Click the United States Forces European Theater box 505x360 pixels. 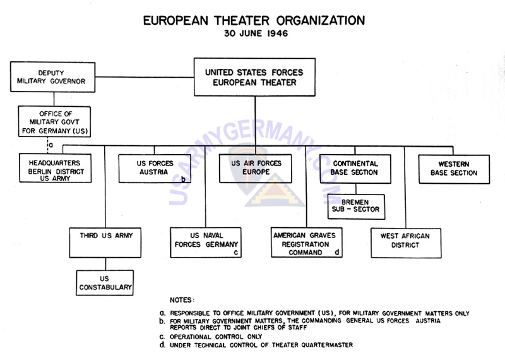point(254,77)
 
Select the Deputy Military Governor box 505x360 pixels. point(52,77)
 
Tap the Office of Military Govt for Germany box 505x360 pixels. point(54,121)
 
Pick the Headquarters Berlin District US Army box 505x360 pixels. point(55,168)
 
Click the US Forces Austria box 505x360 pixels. point(155,169)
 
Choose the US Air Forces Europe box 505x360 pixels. point(256,169)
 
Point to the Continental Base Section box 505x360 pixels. point(355,169)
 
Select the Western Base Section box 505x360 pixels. point(454,169)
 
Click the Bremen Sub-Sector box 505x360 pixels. point(356,207)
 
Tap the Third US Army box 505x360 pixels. point(105,243)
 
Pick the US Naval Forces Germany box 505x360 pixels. point(206,243)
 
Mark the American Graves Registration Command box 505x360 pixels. point(307,243)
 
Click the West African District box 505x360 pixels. point(406,243)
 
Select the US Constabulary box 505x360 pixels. point(105,283)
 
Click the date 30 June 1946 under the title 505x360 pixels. point(256,33)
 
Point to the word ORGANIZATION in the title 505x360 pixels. point(321,21)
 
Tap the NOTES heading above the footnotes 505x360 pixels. point(182,300)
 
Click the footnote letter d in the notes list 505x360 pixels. point(162,345)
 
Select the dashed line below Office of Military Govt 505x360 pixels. point(48,145)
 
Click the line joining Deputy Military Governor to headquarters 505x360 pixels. point(145,77)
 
